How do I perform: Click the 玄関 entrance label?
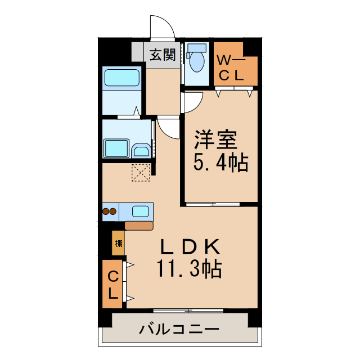[x=163, y=55]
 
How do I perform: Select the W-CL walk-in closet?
[x=235, y=65]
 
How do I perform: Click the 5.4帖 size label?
[x=221, y=163]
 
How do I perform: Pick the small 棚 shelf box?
[x=118, y=244]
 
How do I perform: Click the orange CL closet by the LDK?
[x=113, y=283]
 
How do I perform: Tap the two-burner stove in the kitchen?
[x=109, y=212]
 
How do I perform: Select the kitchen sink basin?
[x=141, y=212]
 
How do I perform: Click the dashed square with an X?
[x=141, y=172]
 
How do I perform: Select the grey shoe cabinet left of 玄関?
[x=138, y=53]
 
